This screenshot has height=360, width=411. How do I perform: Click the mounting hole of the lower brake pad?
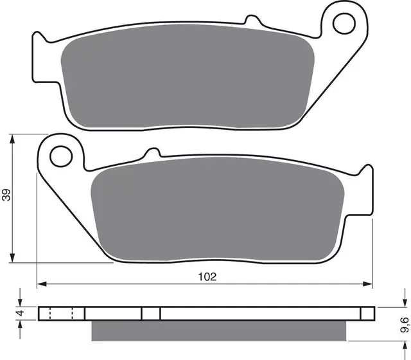[61, 154]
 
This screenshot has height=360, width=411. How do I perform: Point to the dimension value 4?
[20, 313]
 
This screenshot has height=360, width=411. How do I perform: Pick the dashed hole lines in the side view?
[61, 313]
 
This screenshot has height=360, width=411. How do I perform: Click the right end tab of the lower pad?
[367, 193]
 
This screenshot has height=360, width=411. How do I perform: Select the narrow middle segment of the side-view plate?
[150, 313]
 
